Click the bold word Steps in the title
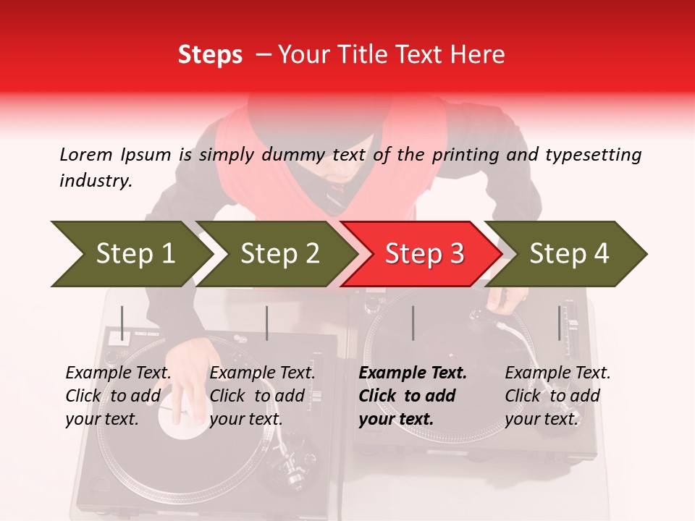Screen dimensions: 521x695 [x=210, y=55]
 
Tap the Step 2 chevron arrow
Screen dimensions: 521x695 [x=279, y=254]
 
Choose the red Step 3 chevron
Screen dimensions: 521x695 [x=423, y=254]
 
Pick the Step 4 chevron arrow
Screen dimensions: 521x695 [x=568, y=254]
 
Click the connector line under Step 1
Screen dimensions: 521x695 [x=122, y=323]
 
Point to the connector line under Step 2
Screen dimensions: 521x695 [x=267, y=323]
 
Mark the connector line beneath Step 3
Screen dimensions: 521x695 [x=413, y=323]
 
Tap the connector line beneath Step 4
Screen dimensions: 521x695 [x=559, y=323]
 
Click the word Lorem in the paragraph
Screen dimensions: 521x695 [x=86, y=154]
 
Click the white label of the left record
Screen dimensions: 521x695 [x=181, y=431]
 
